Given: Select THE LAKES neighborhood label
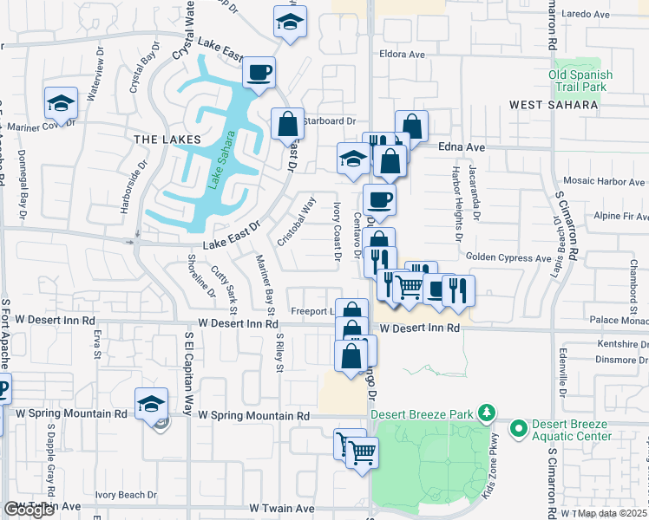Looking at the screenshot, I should tap(167, 139).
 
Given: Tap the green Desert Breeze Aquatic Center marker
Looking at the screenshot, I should tap(519, 427).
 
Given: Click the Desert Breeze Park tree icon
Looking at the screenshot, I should tap(488, 412).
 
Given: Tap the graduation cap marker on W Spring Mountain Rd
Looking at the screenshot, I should tap(151, 403).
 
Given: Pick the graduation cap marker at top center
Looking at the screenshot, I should tap(290, 23).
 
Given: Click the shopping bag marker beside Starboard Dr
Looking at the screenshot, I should tap(287, 124).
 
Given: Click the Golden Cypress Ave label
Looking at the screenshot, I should tap(508, 257).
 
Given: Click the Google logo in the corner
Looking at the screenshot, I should tap(29, 510).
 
